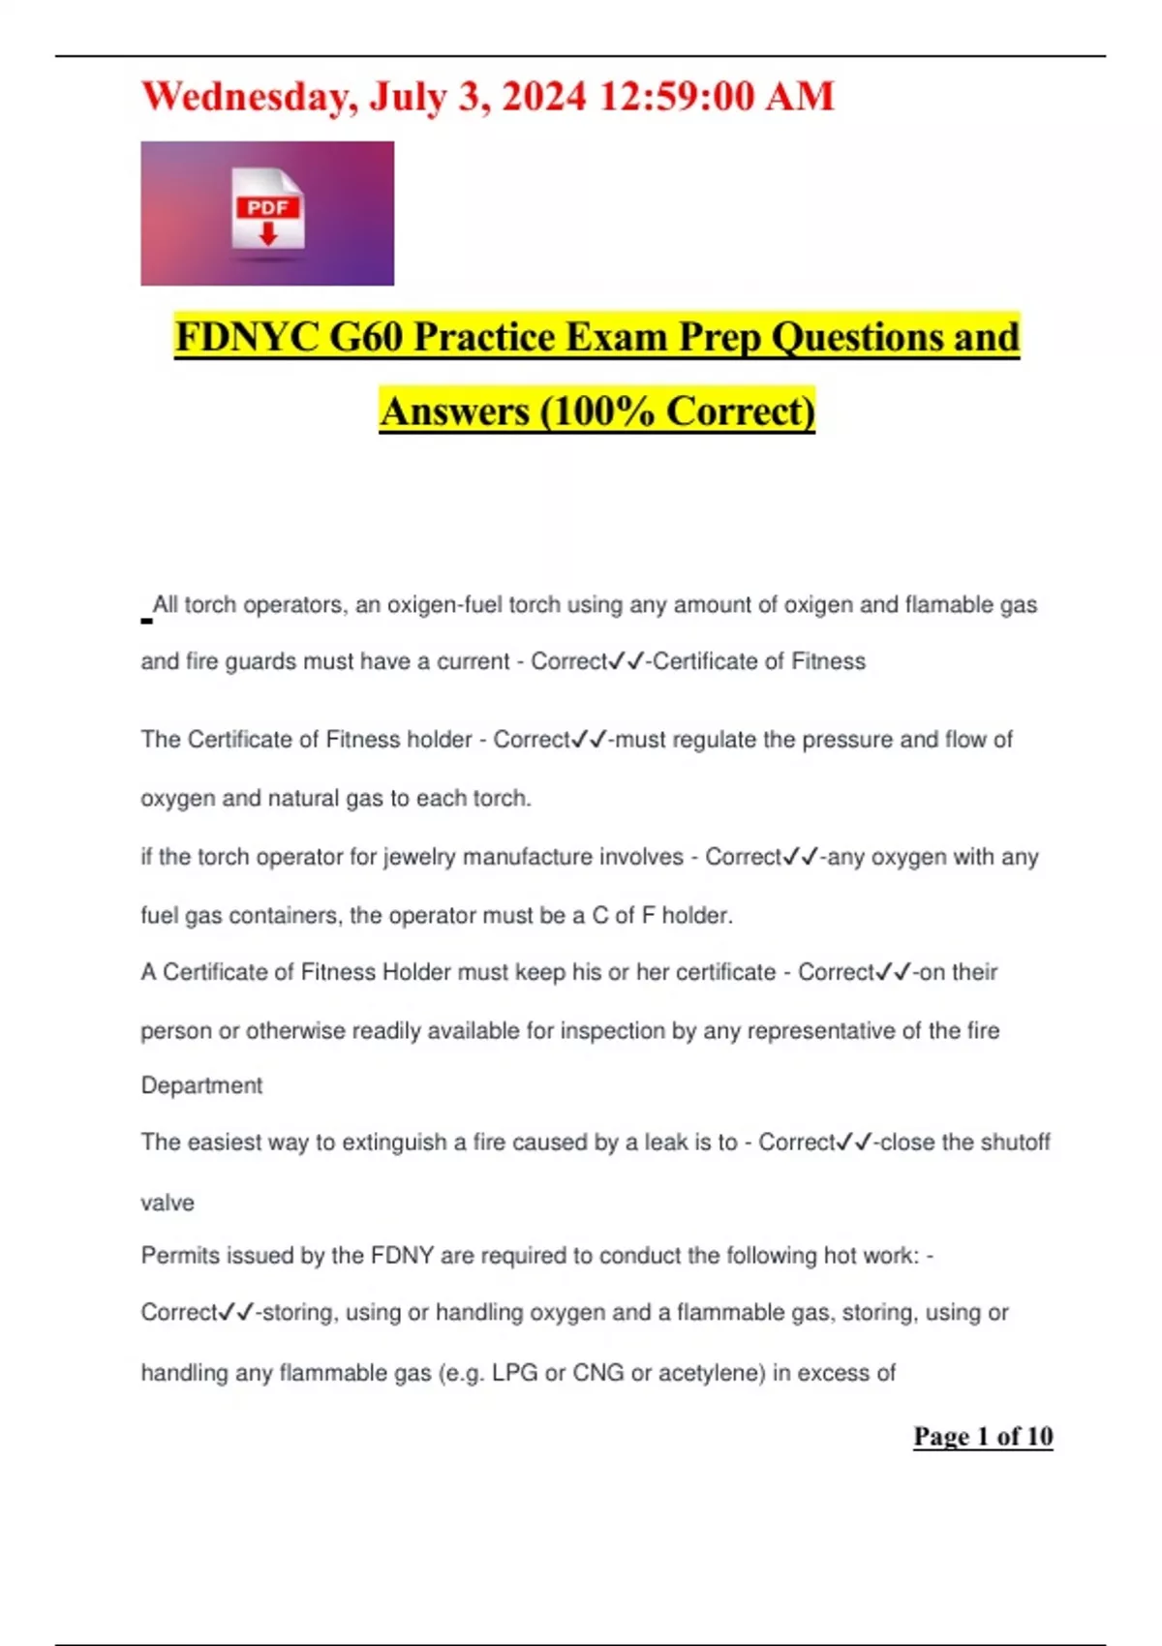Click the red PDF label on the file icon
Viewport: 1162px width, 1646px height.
pos(267,207)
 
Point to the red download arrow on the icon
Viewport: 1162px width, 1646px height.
pos(268,233)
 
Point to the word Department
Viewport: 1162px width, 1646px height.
pos(201,1085)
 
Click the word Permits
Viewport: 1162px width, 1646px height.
pos(176,1256)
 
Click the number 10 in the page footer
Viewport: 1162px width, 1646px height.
pos(1039,1436)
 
